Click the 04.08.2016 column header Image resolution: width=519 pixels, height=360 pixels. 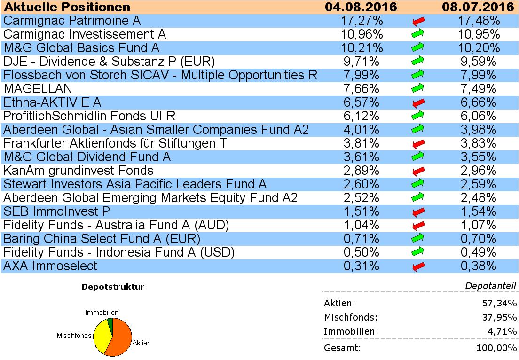[x=361, y=7]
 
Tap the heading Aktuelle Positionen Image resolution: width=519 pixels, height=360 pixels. [x=67, y=7]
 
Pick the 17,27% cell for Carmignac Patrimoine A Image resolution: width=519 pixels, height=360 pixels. [x=361, y=21]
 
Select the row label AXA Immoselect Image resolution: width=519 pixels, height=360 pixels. [x=50, y=266]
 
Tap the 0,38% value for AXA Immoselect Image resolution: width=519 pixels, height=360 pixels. [x=478, y=266]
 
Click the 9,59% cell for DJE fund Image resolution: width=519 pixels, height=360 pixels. [x=478, y=62]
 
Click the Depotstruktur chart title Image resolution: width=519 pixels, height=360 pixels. [x=113, y=287]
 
